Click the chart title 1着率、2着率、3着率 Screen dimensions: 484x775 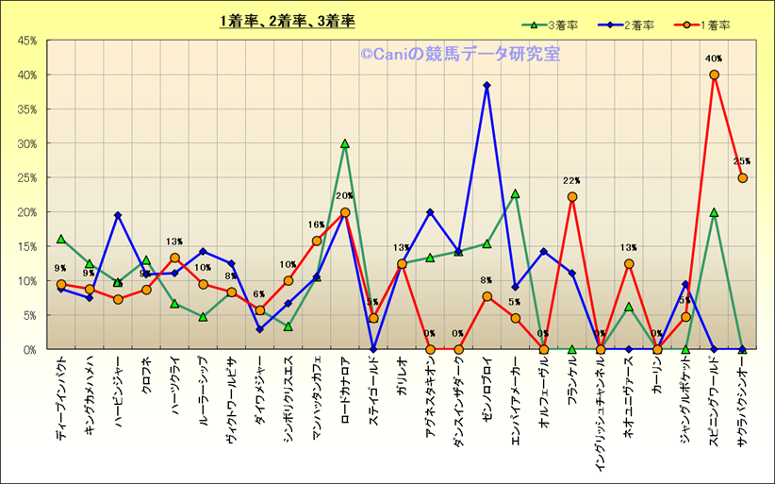287,20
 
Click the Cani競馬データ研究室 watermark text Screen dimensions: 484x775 459,55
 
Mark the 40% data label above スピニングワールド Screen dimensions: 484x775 714,58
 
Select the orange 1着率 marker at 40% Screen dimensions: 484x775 714,75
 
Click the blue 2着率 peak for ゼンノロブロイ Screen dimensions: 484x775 486,85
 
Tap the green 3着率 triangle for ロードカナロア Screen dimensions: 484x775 344,143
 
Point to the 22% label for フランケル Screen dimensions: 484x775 571,180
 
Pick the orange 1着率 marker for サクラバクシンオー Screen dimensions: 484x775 742,177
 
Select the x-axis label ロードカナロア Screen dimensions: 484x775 344,391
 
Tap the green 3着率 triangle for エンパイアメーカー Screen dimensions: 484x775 515,193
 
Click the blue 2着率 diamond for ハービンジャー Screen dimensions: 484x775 118,215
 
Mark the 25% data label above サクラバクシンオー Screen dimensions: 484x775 742,161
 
